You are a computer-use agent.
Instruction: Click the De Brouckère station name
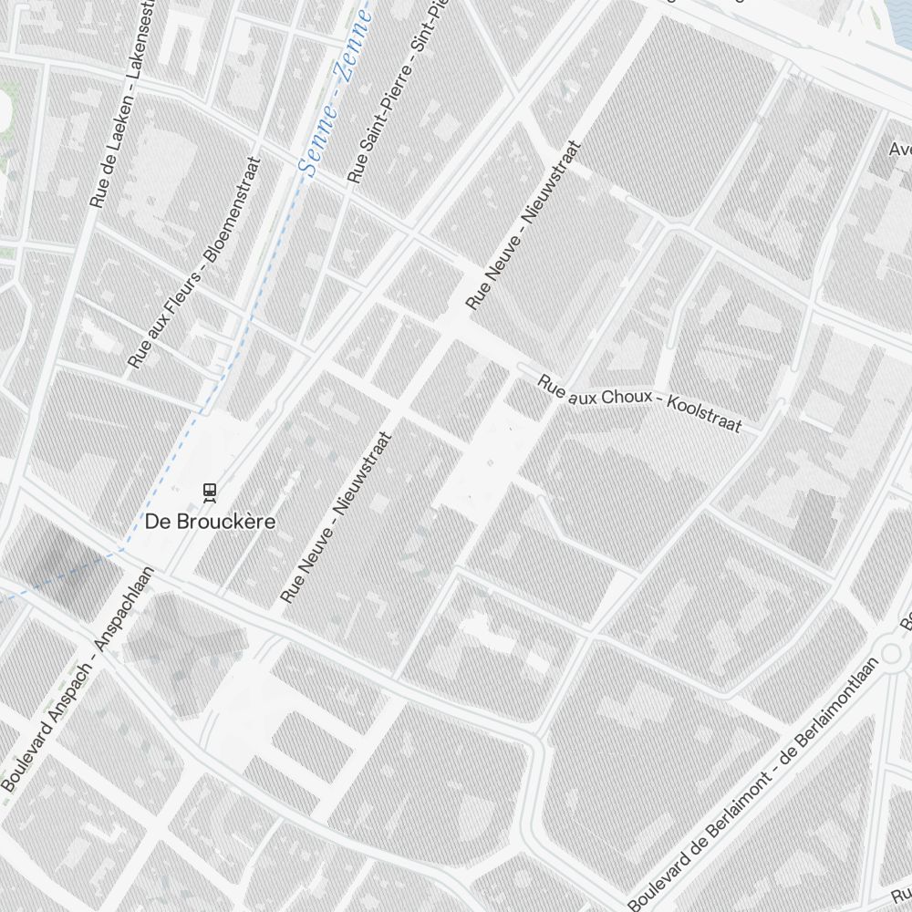pyautogui.click(x=210, y=522)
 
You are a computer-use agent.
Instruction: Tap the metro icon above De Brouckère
pyautogui.click(x=211, y=492)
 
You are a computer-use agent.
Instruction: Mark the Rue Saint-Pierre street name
pyautogui.click(x=374, y=128)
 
